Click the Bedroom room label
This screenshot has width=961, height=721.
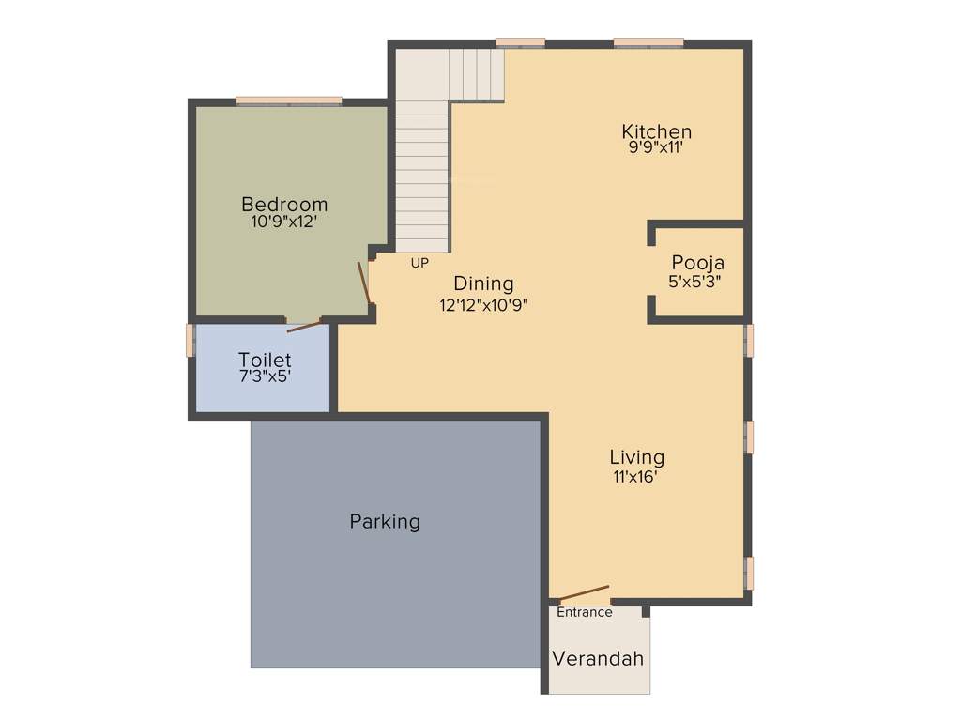tap(284, 204)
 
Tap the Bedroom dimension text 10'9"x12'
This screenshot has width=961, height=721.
tap(284, 222)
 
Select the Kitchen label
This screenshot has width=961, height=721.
tap(657, 131)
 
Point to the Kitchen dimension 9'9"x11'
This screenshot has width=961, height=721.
tap(657, 147)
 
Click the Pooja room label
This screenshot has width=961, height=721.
tap(697, 263)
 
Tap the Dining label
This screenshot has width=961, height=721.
tap(483, 284)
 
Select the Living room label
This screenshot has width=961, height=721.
tap(636, 457)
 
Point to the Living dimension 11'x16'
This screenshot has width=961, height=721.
tap(635, 476)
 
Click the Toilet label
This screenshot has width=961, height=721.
tap(265, 360)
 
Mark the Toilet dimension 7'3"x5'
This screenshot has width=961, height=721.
tap(265, 376)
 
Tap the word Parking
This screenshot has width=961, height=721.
tap(385, 521)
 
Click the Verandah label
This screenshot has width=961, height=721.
tap(598, 658)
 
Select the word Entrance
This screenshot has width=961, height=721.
tap(585, 612)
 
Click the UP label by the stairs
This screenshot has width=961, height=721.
tap(419, 263)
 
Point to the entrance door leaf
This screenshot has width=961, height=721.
tap(584, 593)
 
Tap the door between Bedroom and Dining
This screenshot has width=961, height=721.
tap(365, 283)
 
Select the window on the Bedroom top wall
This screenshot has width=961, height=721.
tap(289, 100)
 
